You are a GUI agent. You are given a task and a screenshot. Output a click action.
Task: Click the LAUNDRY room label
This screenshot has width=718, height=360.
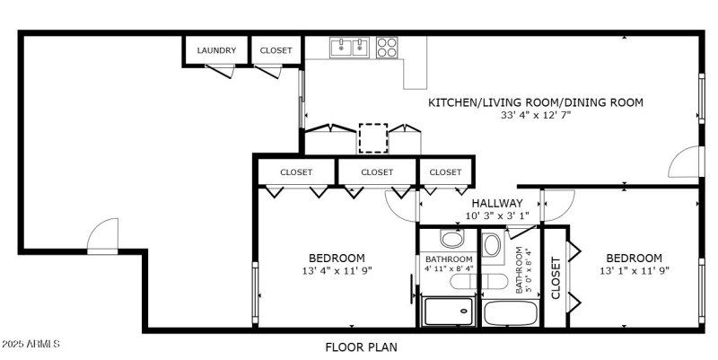click(x=216, y=50)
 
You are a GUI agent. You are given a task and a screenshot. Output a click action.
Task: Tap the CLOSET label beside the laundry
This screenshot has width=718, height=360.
click(x=276, y=50)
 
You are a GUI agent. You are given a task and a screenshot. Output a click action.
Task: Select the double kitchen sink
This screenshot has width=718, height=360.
click(x=350, y=47)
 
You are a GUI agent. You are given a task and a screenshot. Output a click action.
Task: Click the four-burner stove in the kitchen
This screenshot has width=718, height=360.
click(x=387, y=47)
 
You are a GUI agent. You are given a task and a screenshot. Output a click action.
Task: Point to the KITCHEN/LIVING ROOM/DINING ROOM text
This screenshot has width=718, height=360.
click(x=535, y=102)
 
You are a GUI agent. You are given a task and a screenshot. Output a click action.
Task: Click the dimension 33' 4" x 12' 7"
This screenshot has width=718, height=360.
click(x=535, y=115)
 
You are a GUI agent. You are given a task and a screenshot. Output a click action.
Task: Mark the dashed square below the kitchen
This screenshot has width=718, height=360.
click(x=372, y=138)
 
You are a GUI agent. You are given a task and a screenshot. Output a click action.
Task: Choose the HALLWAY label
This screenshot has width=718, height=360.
click(x=496, y=203)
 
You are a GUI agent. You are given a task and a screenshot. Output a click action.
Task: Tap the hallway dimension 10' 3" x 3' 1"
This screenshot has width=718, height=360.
click(x=496, y=215)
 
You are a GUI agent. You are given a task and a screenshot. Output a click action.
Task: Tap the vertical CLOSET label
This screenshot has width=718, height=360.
click(x=556, y=277)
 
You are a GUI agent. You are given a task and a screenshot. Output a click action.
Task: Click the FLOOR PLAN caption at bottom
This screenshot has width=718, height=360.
click(x=361, y=347)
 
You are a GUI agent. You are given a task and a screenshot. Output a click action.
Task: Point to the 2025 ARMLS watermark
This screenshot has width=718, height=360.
click(x=31, y=344)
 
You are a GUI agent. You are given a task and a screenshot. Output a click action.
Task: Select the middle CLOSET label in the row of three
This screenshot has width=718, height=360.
click(x=377, y=171)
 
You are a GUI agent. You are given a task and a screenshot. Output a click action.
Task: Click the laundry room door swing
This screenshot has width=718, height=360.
click(x=220, y=72)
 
